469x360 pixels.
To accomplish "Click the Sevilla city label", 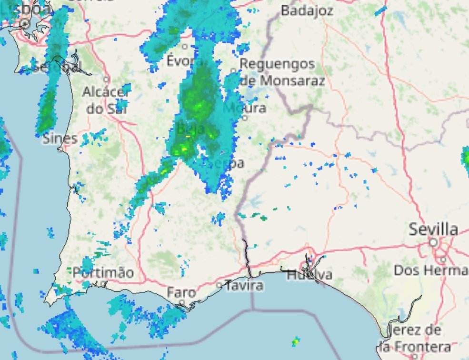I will click(433, 230).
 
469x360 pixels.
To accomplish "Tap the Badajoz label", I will click(307, 10).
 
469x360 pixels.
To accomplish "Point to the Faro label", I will click(181, 292).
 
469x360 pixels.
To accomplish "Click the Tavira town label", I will click(244, 286).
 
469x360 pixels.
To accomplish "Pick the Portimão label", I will click(103, 273).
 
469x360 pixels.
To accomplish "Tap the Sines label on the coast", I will click(60, 139).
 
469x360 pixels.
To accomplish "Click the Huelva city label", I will click(309, 275).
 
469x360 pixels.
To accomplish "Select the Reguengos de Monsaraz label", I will click(281, 72).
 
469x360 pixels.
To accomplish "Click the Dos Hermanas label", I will click(431, 270).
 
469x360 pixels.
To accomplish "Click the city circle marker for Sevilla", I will click(433, 242).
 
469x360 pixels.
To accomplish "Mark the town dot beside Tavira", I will click(219, 285).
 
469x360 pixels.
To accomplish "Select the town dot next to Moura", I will click(245, 118).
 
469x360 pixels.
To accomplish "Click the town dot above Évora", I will click(184, 47).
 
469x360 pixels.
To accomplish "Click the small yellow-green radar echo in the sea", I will click(296, 341).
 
